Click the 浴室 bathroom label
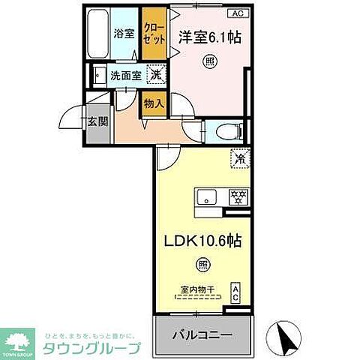point(123,34)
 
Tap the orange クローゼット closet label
point(154,33)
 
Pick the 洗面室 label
point(124,75)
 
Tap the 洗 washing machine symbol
point(155,74)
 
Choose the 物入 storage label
point(154,103)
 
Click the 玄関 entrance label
point(94,122)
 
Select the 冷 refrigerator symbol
point(240,159)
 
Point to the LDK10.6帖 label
point(202,242)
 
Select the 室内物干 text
point(199,289)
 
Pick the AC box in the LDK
point(235,291)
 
